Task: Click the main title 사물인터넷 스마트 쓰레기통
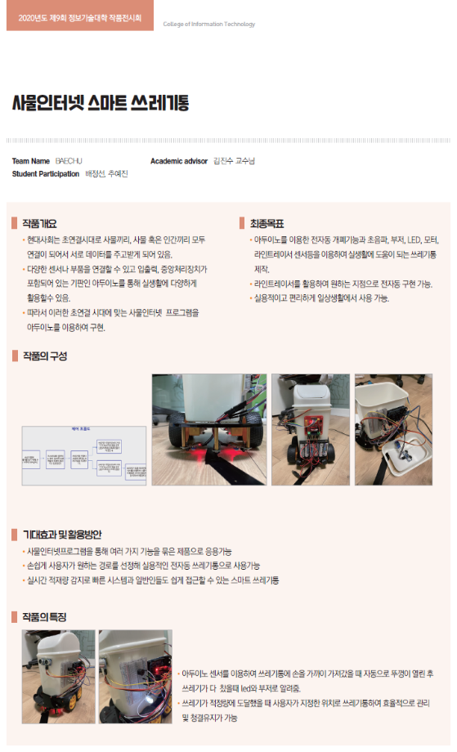100,103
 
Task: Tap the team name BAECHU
69,161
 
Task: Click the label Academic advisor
179,161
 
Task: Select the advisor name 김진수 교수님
234,161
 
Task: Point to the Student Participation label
46,174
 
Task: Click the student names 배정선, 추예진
106,174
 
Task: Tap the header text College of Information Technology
209,25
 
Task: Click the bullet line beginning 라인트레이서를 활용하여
343,284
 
